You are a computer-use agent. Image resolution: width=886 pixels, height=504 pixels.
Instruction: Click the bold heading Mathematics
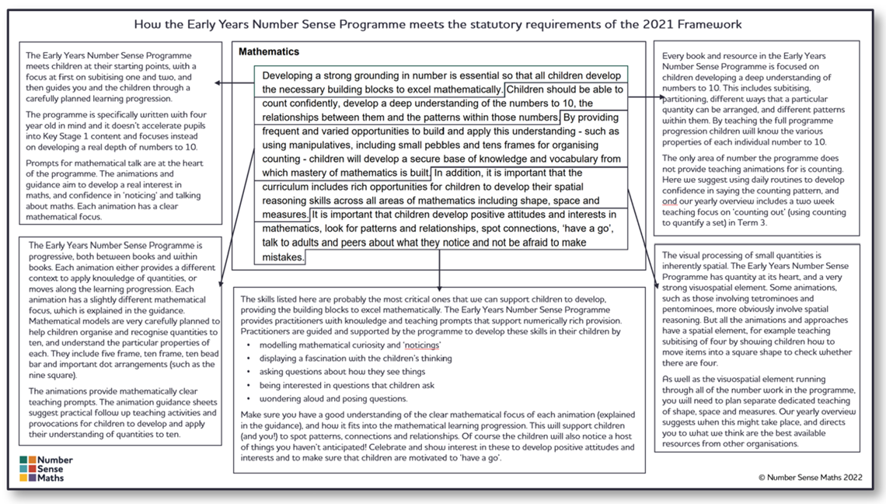click(269, 52)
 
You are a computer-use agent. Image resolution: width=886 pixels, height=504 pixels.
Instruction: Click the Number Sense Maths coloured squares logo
click(27, 469)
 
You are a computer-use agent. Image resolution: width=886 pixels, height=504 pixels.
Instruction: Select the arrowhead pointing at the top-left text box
click(219, 82)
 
